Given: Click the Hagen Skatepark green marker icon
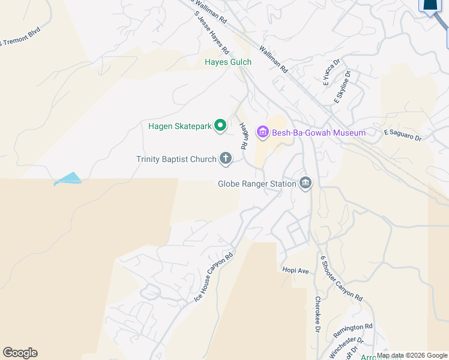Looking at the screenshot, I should pos(220,125).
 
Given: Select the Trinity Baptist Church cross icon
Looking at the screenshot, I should pos(226,158).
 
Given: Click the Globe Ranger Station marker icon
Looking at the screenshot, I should pos(306,183).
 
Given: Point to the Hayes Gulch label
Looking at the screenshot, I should pos(228,62).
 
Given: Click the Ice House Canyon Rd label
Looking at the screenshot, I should pos(213,277).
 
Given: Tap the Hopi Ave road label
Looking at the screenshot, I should pos(295,271).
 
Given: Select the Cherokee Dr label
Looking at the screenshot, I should pos(318,314).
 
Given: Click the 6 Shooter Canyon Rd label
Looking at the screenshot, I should pos(341,278).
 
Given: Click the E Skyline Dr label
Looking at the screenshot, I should pos(343,88).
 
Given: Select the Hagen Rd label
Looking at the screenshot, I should pos(244,136).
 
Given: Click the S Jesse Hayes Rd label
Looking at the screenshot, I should pos(208,34).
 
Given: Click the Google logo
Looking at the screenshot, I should pos(20,353).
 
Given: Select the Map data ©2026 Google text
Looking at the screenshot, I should pos(412,355).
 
